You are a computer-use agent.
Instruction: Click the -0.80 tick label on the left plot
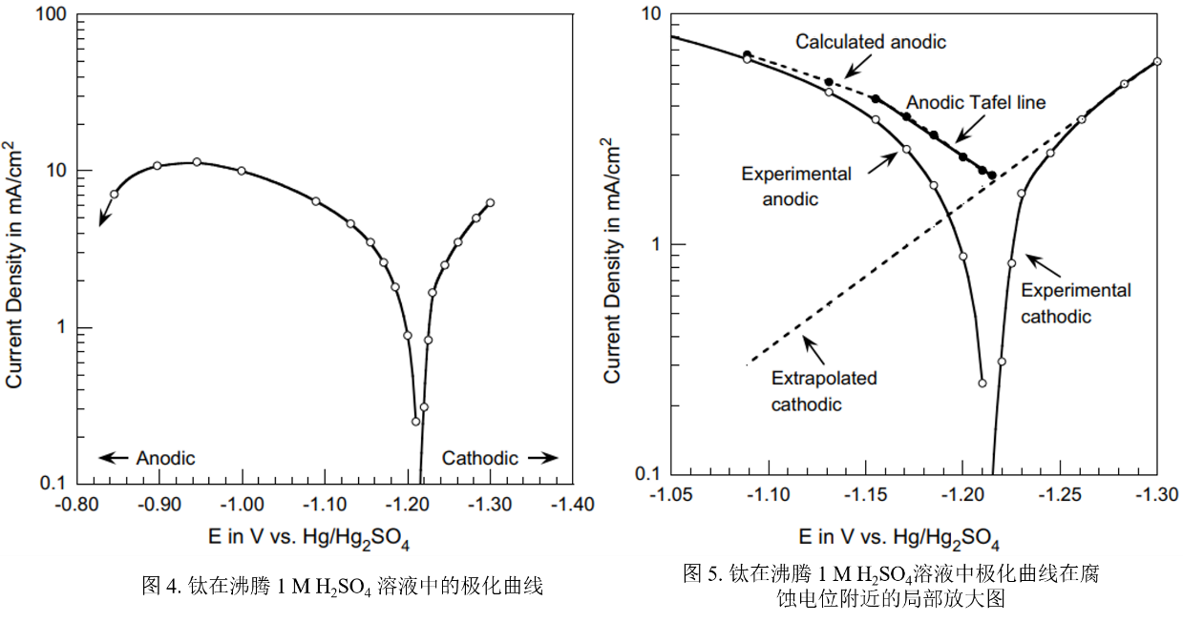(x=76, y=505)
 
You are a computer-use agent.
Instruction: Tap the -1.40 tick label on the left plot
(x=572, y=505)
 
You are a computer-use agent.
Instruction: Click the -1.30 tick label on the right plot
(x=1156, y=495)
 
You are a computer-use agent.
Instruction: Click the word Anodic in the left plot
(x=165, y=458)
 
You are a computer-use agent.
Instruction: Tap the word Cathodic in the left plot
(x=479, y=458)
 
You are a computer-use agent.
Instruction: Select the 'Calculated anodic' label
(x=871, y=41)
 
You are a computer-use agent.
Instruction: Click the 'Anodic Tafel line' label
(x=976, y=102)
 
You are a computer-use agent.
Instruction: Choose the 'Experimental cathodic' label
(x=1075, y=302)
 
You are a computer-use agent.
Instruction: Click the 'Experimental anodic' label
(x=795, y=186)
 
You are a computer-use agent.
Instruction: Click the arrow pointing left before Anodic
(x=113, y=458)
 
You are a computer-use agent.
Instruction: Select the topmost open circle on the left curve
(x=197, y=162)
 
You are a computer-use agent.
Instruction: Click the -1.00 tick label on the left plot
(x=242, y=505)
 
